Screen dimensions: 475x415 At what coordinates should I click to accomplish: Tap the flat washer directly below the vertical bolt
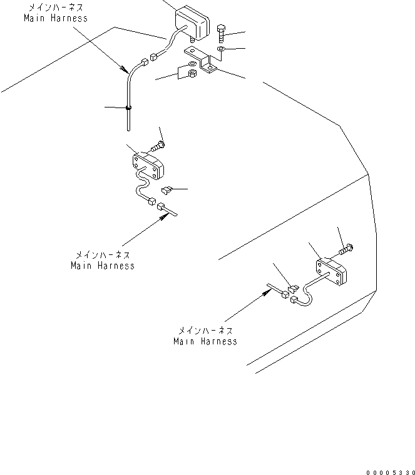click(222, 48)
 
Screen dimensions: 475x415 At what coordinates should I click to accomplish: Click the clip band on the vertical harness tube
click(128, 108)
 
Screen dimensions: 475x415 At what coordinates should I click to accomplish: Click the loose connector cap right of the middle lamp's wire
click(166, 189)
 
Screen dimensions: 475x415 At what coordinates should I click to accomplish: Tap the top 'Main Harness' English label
click(55, 18)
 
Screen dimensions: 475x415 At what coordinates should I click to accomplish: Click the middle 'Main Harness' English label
click(103, 266)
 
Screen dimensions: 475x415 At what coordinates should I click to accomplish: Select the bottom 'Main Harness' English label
click(205, 341)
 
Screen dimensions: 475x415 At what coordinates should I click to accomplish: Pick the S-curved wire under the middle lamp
click(141, 187)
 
